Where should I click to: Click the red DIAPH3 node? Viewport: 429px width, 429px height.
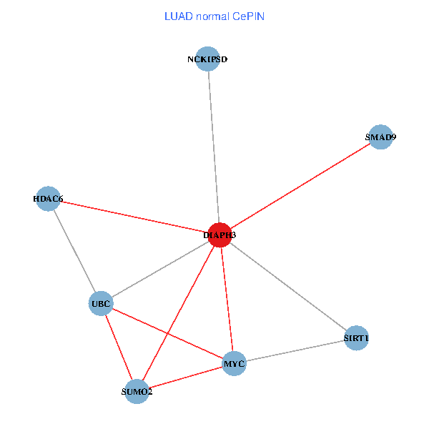click(x=220, y=235)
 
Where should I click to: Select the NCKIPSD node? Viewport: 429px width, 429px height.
click(x=207, y=59)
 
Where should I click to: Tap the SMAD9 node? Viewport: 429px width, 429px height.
click(x=380, y=137)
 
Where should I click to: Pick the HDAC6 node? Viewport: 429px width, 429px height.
click(x=48, y=199)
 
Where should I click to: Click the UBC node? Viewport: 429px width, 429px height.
click(x=101, y=304)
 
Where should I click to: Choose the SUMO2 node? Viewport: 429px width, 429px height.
click(x=137, y=392)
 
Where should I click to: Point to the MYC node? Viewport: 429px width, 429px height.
click(x=234, y=364)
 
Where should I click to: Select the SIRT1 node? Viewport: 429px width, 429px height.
click(x=356, y=337)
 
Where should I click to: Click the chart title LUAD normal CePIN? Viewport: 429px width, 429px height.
click(x=214, y=16)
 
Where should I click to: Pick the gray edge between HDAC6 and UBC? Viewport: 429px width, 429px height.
click(x=74, y=251)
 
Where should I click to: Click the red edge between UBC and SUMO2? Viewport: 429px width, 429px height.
click(x=119, y=348)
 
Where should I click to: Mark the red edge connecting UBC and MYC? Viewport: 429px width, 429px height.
click(x=167, y=334)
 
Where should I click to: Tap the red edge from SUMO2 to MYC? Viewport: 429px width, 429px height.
click(x=185, y=378)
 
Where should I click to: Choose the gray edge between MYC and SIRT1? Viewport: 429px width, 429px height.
click(x=295, y=350)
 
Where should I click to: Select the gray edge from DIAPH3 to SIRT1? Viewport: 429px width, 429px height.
click(x=287, y=286)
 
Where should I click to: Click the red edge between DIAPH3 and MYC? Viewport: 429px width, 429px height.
click(x=227, y=299)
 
